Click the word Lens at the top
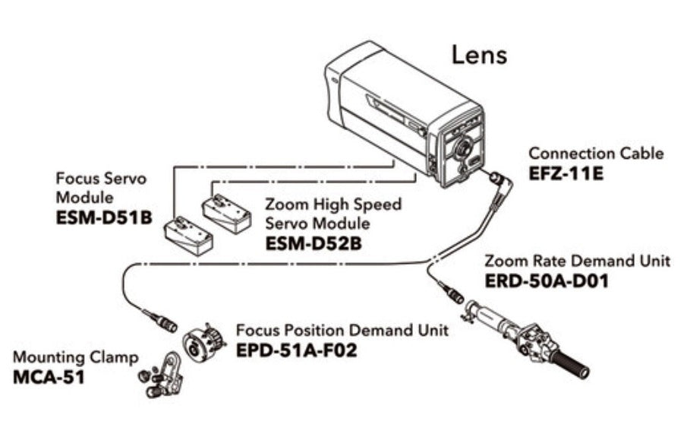[479, 55]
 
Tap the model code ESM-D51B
[104, 217]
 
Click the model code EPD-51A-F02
[295, 351]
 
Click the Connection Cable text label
[595, 154]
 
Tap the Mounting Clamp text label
[76, 357]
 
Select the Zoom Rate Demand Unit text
[577, 261]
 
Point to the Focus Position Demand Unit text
[342, 331]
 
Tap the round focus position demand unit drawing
[203, 341]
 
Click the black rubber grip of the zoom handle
[573, 363]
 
